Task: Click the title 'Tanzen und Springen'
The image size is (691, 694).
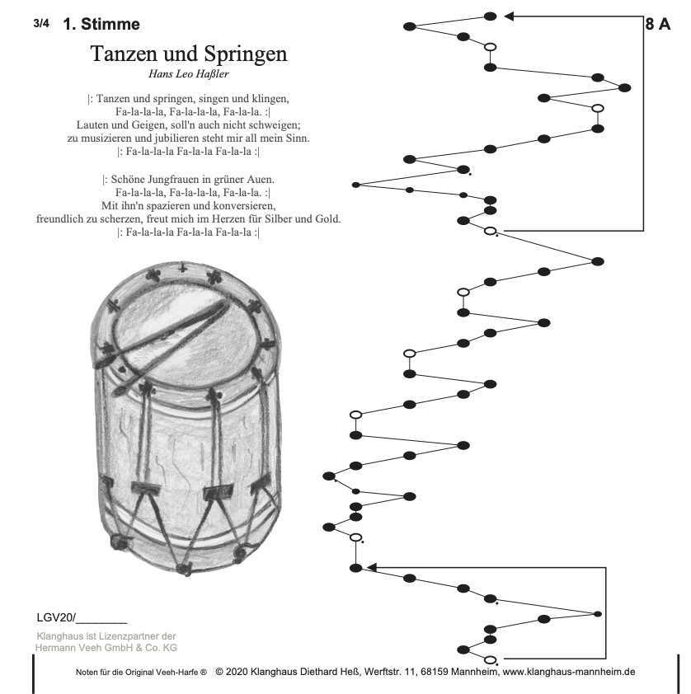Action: (x=188, y=54)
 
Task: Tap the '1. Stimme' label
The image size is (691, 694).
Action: (x=101, y=25)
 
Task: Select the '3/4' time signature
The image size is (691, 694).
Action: (x=42, y=23)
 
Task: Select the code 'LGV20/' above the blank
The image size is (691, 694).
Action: (x=56, y=617)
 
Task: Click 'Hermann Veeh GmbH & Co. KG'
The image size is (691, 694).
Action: (x=106, y=649)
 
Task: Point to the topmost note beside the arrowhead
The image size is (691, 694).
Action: (x=490, y=16)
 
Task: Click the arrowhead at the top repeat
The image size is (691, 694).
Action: (x=510, y=16)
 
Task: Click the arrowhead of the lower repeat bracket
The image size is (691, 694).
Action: (x=371, y=567)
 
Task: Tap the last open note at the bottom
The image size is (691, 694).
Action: (x=490, y=659)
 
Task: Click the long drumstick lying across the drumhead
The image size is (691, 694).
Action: (x=165, y=333)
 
